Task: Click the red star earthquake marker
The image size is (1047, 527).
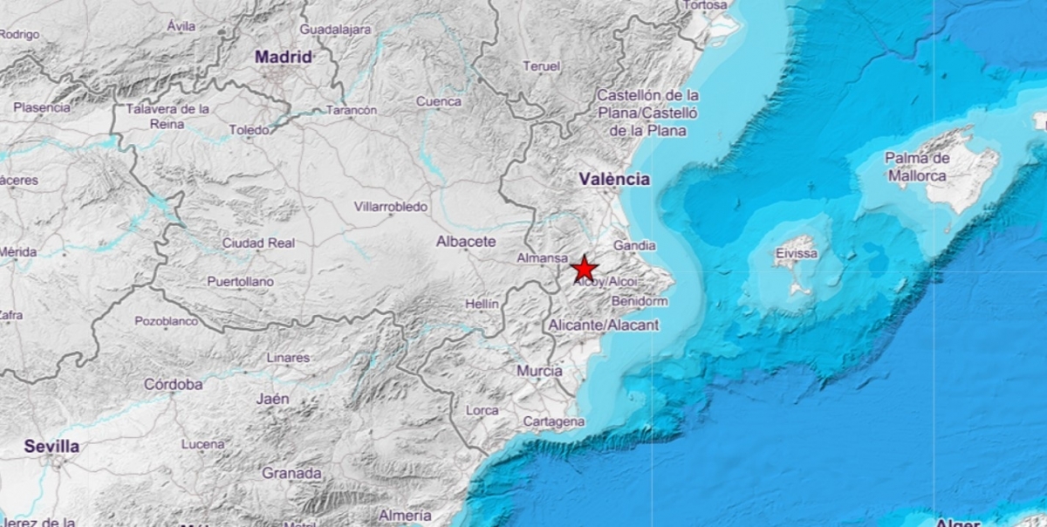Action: [x=584, y=269]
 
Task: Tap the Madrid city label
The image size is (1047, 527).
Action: [x=283, y=57]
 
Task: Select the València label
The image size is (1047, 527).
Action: [x=614, y=179]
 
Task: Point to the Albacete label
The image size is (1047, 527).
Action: [x=466, y=242]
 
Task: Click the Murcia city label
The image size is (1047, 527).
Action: [x=539, y=371]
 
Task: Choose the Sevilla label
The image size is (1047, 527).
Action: [x=51, y=447]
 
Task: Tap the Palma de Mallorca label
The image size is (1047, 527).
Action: [x=916, y=167]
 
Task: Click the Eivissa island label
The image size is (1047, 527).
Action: [x=796, y=254]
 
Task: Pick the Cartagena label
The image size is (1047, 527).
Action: [x=553, y=421]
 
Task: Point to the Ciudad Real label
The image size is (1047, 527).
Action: [x=258, y=243]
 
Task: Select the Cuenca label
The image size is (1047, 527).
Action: [x=438, y=101]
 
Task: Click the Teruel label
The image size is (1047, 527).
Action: [x=541, y=66]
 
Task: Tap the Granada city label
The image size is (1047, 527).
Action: [x=291, y=473]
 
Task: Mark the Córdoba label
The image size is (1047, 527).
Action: [x=173, y=384]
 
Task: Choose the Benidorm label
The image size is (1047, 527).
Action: [x=640, y=301]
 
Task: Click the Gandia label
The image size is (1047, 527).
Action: [x=634, y=246]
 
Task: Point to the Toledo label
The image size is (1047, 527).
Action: [x=250, y=130]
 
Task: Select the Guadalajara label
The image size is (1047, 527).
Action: [x=335, y=30]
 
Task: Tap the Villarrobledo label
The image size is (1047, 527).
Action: [x=391, y=207]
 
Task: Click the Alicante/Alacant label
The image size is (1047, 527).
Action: [x=604, y=325]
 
